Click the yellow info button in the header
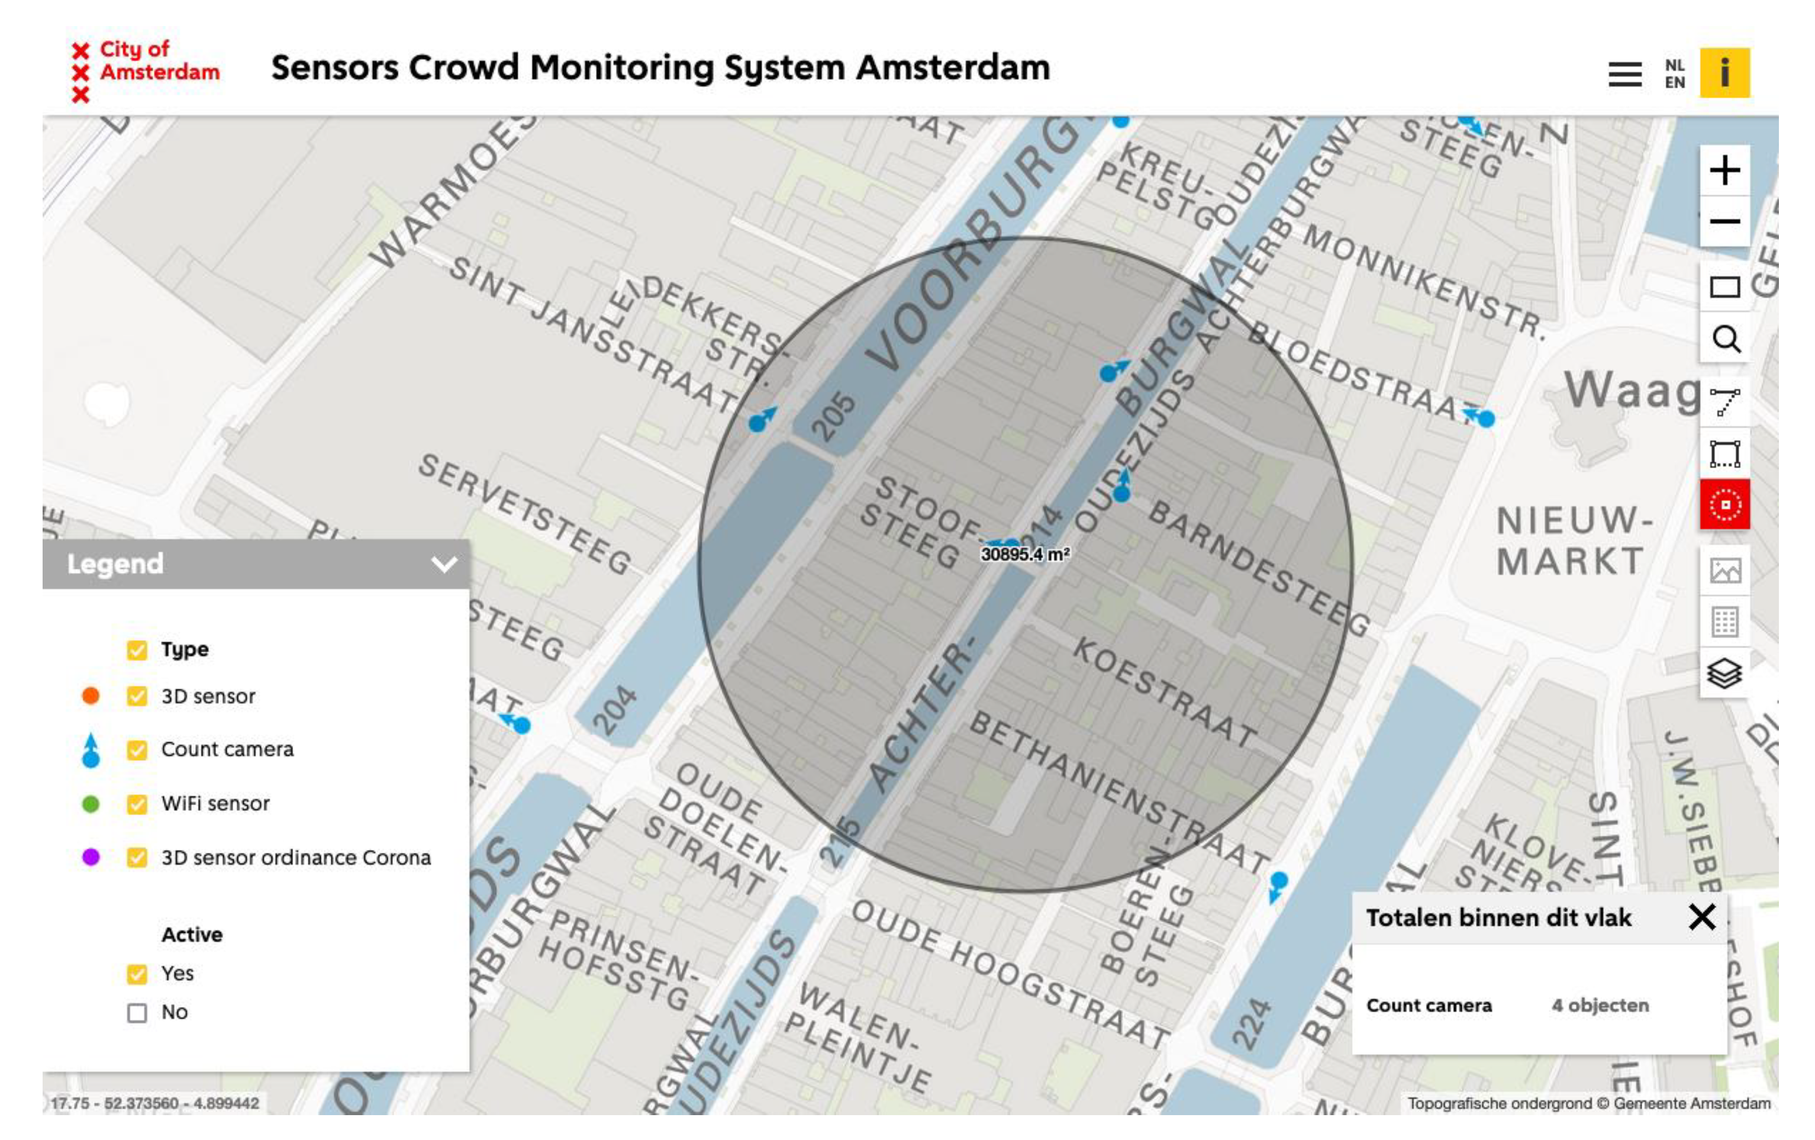coord(1724,73)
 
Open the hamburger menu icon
coord(1624,74)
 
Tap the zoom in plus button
coord(1724,170)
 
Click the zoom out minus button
coord(1724,221)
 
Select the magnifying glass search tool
coord(1725,339)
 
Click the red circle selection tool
coord(1724,504)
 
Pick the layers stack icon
coord(1724,674)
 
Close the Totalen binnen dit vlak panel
coord(1702,917)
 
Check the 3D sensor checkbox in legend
coord(137,696)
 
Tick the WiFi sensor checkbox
coord(137,804)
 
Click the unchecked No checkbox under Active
coord(137,1013)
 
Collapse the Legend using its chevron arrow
coord(444,564)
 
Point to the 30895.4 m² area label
coord(1025,554)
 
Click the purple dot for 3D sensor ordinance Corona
coord(91,857)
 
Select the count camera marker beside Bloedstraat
coord(1484,418)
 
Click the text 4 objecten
coord(1600,1005)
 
